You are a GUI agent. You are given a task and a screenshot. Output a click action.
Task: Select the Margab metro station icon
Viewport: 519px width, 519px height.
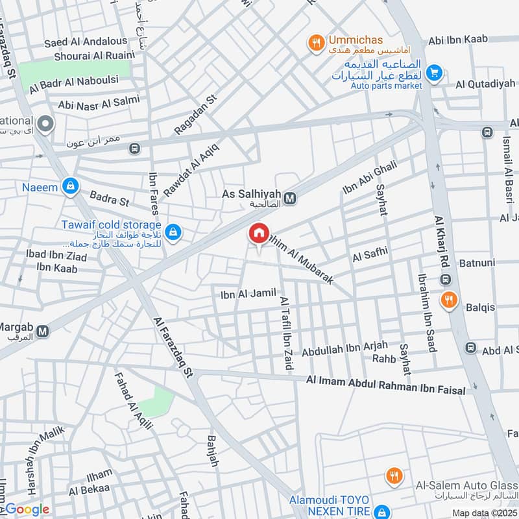(43, 332)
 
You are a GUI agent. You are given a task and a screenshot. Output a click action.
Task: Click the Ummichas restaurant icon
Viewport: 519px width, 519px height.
(316, 43)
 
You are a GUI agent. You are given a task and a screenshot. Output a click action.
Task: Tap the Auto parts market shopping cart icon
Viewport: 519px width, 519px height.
(435, 73)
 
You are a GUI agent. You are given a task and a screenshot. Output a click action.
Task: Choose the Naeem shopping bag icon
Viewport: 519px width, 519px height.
(69, 187)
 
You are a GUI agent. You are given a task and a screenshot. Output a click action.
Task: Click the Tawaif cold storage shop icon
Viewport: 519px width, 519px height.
(173, 231)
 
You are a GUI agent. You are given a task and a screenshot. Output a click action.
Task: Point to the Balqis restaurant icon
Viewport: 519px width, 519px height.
(448, 300)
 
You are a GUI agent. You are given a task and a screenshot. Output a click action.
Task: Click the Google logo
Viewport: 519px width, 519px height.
(27, 510)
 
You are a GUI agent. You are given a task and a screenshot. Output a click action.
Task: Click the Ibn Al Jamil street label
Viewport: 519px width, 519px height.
(248, 294)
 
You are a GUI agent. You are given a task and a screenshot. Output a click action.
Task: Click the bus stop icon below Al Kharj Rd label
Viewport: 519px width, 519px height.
(446, 280)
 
